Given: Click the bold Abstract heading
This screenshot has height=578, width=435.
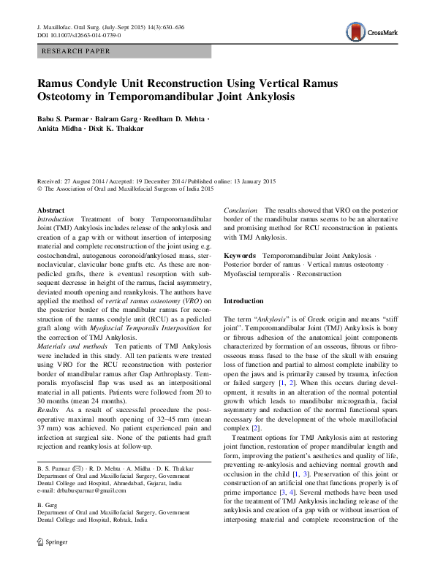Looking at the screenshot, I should pyautogui.click(x=50, y=210).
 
